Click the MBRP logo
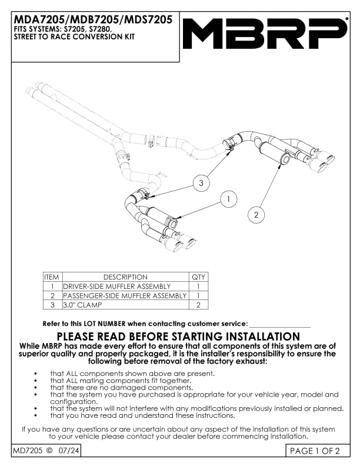(264, 34)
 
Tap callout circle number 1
(228, 199)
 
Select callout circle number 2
(256, 215)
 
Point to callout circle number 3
(201, 183)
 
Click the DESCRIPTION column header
(125, 277)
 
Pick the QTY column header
(198, 277)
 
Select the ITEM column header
(52, 277)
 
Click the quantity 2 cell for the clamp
(198, 305)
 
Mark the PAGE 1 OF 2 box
(318, 451)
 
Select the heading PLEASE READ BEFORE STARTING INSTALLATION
(178, 337)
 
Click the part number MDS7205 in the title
(148, 19)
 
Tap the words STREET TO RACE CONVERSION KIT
(74, 36)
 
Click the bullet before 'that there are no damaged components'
(36, 388)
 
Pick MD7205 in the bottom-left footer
(28, 451)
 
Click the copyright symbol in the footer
(49, 451)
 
